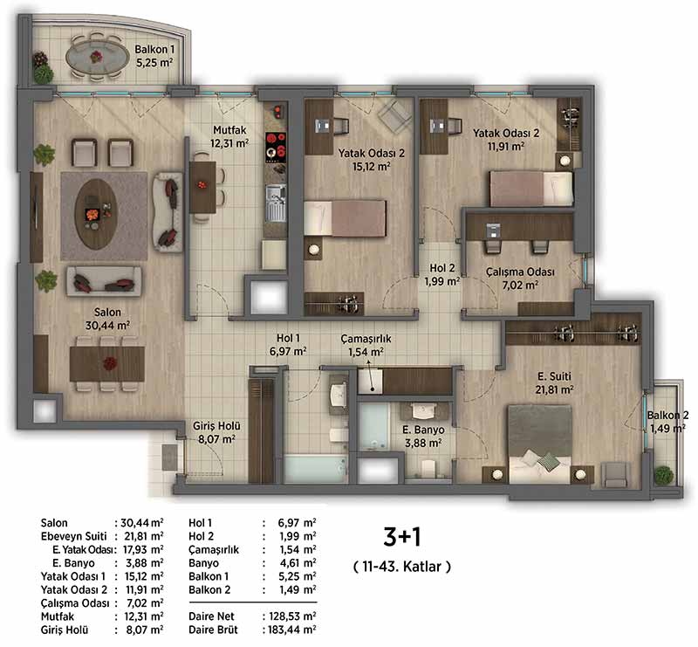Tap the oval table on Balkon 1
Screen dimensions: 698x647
[96, 57]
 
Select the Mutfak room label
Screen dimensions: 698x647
[229, 136]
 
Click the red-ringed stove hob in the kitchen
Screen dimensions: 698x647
[276, 147]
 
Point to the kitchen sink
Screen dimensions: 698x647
[276, 203]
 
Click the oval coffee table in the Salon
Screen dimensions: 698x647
[96, 214]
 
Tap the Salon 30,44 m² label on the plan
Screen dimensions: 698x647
[107, 319]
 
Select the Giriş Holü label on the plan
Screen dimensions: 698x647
[216, 432]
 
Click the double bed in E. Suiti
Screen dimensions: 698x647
[540, 444]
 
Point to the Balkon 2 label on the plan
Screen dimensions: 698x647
[667, 422]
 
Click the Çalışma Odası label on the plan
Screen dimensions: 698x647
[520, 278]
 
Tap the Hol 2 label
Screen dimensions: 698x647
[442, 274]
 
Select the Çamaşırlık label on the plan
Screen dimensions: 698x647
[366, 346]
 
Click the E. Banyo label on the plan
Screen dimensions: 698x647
[423, 437]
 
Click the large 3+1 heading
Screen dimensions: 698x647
[402, 536]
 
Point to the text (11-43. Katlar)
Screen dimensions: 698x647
[402, 567]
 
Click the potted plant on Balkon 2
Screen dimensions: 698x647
[663, 475]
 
